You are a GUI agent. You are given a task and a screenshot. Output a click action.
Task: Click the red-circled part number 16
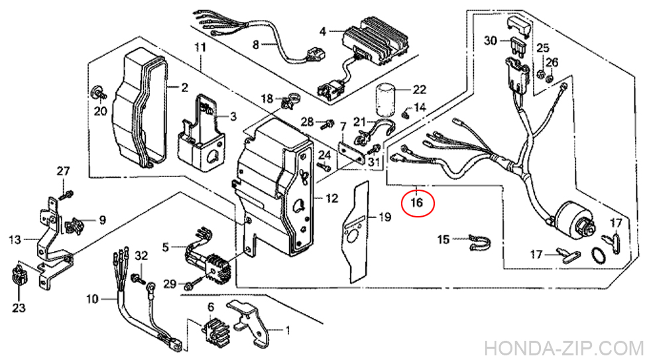417,203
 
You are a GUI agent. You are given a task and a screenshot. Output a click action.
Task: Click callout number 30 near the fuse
490,41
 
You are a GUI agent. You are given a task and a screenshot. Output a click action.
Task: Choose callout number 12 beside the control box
332,198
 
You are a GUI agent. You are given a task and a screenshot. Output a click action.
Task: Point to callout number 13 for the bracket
15,238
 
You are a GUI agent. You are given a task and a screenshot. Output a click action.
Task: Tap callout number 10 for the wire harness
91,299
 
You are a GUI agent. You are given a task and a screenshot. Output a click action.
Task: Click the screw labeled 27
68,194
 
